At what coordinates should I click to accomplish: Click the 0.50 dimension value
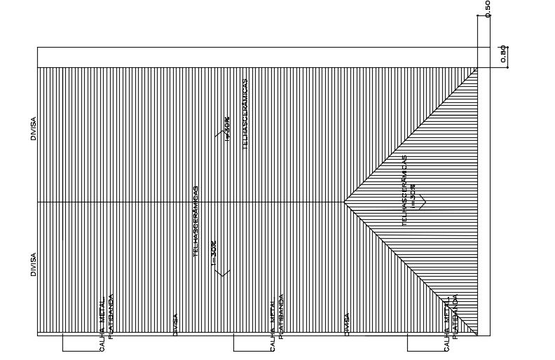tap(487, 7)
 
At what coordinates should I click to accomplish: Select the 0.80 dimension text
tap(502, 54)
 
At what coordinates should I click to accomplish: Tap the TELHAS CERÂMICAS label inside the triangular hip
tap(405, 190)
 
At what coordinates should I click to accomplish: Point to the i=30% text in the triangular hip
tap(413, 197)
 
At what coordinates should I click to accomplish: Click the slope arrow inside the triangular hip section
tap(422, 202)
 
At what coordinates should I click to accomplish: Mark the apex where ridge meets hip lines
tap(344, 202)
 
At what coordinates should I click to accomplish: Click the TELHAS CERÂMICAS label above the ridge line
tap(245, 113)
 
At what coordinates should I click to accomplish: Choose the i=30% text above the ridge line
tap(226, 128)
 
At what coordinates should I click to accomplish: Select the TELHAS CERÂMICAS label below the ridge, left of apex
tap(196, 221)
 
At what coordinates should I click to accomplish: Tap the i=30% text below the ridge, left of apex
tap(214, 254)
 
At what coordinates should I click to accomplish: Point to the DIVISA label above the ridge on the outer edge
tap(33, 128)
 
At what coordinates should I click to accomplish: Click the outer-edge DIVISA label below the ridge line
tap(33, 264)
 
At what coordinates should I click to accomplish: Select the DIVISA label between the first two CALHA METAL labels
tap(175, 324)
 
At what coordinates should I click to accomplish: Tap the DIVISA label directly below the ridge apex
tap(347, 324)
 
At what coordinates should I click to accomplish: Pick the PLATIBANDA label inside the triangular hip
tap(455, 317)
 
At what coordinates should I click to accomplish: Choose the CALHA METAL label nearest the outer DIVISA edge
tap(102, 323)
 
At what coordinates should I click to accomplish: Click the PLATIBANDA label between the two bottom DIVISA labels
tap(282, 316)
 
